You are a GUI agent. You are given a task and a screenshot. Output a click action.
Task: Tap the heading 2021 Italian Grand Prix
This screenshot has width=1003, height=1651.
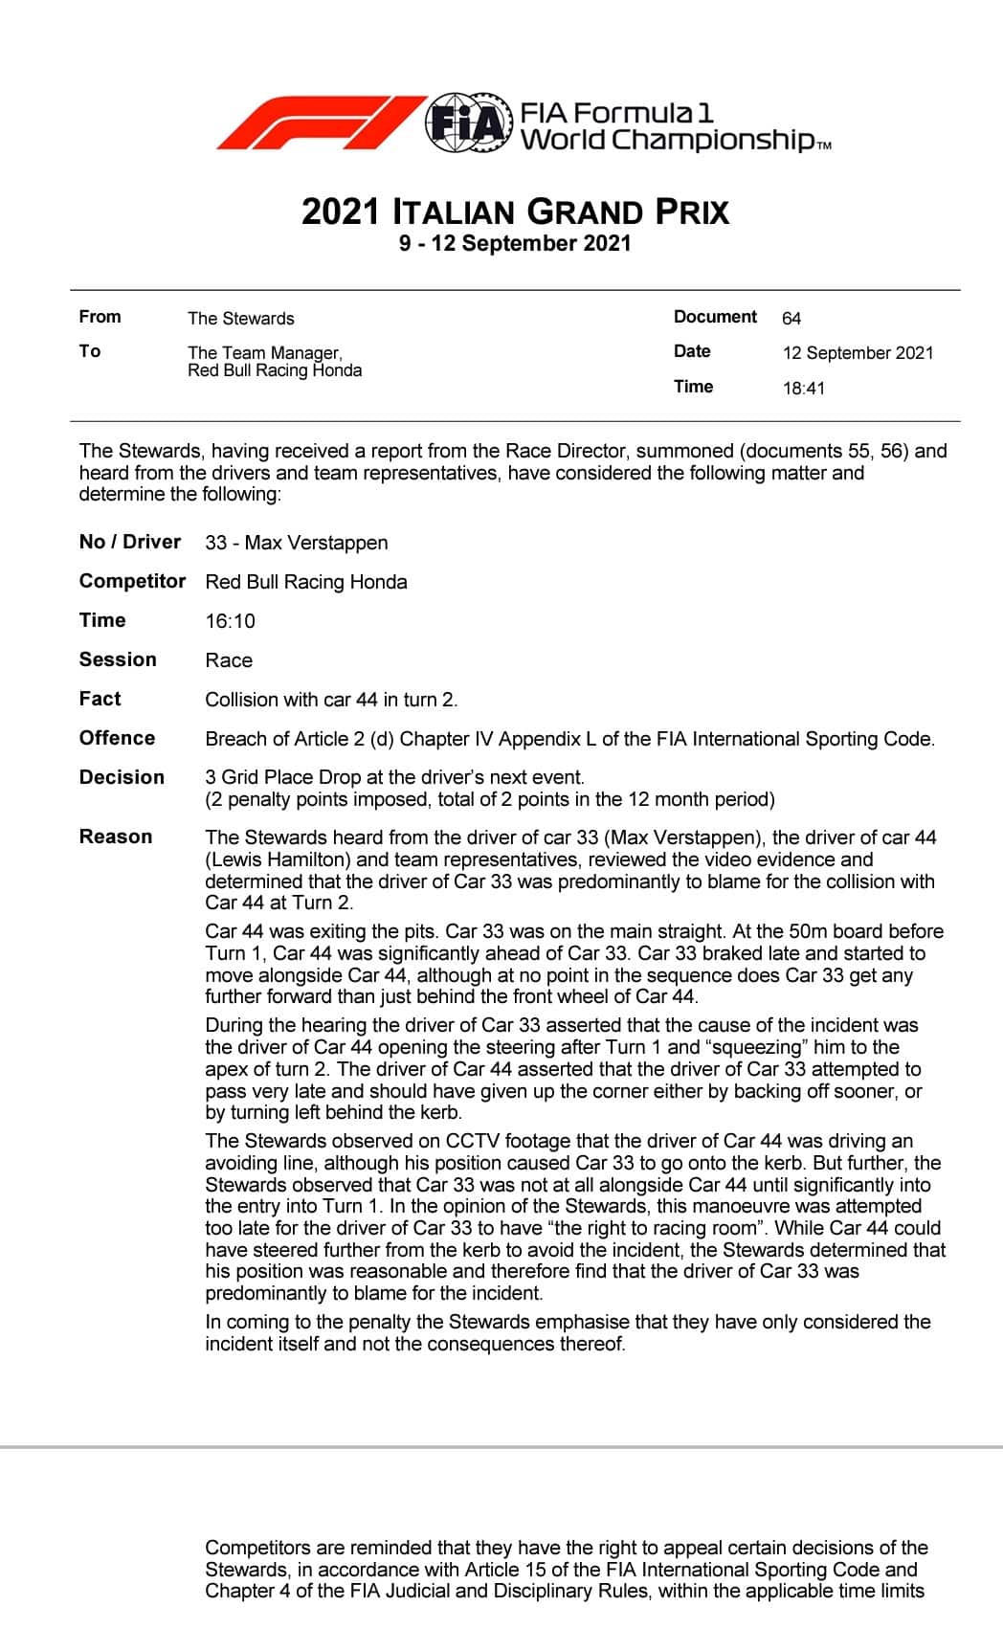coord(515,212)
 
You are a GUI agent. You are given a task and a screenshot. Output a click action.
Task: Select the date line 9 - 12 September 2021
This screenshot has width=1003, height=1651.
coord(515,243)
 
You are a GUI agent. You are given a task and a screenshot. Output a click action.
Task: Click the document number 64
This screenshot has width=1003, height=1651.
coord(791,319)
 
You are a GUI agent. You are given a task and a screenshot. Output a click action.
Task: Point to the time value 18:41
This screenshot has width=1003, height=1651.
coord(803,389)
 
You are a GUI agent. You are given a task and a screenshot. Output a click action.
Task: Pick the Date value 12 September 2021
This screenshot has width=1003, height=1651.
coord(858,353)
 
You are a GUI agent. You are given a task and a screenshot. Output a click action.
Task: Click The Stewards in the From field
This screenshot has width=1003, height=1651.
coord(240,319)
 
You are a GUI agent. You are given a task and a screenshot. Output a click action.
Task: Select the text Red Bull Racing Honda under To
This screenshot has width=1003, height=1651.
coord(275,370)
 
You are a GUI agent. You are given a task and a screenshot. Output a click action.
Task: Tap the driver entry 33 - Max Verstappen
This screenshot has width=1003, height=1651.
coord(297,544)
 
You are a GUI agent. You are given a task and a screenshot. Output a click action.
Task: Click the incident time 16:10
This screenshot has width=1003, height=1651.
coord(230,621)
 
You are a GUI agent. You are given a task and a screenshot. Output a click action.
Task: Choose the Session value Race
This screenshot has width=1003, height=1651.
coord(229,660)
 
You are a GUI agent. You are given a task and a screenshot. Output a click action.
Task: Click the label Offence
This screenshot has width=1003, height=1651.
coord(117,738)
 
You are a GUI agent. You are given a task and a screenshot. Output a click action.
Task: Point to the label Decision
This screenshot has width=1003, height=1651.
coord(122,777)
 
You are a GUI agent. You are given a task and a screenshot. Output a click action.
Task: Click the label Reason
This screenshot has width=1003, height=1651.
coord(116,837)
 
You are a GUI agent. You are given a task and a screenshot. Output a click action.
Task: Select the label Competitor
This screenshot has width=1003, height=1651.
coord(132,581)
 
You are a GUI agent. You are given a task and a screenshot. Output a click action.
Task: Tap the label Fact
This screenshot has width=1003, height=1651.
coord(100,699)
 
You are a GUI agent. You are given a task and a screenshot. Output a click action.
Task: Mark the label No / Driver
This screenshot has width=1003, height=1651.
coord(129,542)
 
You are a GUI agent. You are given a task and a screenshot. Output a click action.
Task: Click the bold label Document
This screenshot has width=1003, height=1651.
coord(715,317)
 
